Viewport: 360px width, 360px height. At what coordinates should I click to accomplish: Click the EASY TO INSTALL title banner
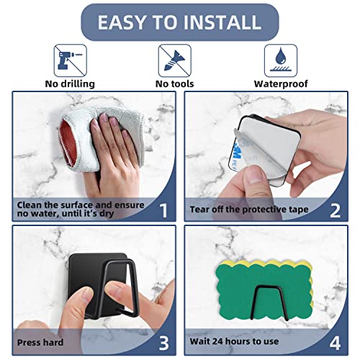click(180, 22)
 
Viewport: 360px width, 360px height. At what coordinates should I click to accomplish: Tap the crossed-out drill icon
click(71, 60)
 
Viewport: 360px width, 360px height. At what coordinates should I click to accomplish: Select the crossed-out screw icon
click(175, 60)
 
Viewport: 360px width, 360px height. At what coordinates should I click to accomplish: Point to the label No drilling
click(70, 84)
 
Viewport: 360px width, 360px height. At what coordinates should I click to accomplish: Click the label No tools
click(175, 84)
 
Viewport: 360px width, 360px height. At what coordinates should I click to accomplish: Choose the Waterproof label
click(281, 84)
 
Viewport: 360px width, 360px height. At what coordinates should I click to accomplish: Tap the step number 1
click(164, 211)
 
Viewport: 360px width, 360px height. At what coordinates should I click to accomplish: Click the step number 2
click(335, 211)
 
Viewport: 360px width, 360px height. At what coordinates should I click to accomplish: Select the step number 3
click(164, 343)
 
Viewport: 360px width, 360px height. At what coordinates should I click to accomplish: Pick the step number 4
click(335, 343)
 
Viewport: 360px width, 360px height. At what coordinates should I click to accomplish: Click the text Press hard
click(40, 343)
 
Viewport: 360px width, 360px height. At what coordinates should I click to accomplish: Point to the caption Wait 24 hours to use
click(234, 341)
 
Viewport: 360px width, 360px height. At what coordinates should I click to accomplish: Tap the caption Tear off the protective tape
click(249, 210)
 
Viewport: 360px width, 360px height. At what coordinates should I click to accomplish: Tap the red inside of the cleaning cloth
click(68, 143)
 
